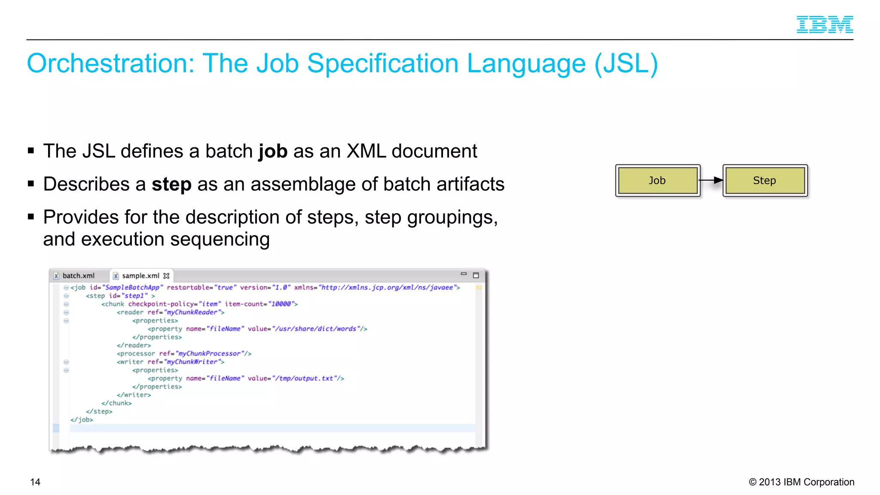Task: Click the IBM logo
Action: tap(825, 24)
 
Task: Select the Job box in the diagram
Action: tap(657, 180)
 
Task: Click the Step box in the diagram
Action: tap(765, 180)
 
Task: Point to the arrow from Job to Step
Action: tap(711, 180)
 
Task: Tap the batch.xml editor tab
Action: tap(78, 276)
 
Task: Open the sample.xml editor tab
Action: tap(140, 276)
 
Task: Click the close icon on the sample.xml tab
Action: tap(167, 276)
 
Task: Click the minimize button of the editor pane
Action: tap(464, 274)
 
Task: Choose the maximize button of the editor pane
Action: tap(476, 275)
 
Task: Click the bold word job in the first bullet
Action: tap(273, 152)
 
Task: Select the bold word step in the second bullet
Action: tap(171, 185)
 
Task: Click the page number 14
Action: tap(35, 482)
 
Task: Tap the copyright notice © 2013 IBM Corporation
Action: tap(801, 482)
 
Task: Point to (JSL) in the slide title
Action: tap(626, 64)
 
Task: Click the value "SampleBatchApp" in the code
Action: tap(132, 287)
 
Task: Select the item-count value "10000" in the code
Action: tap(281, 304)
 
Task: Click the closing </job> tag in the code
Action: tap(82, 420)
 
